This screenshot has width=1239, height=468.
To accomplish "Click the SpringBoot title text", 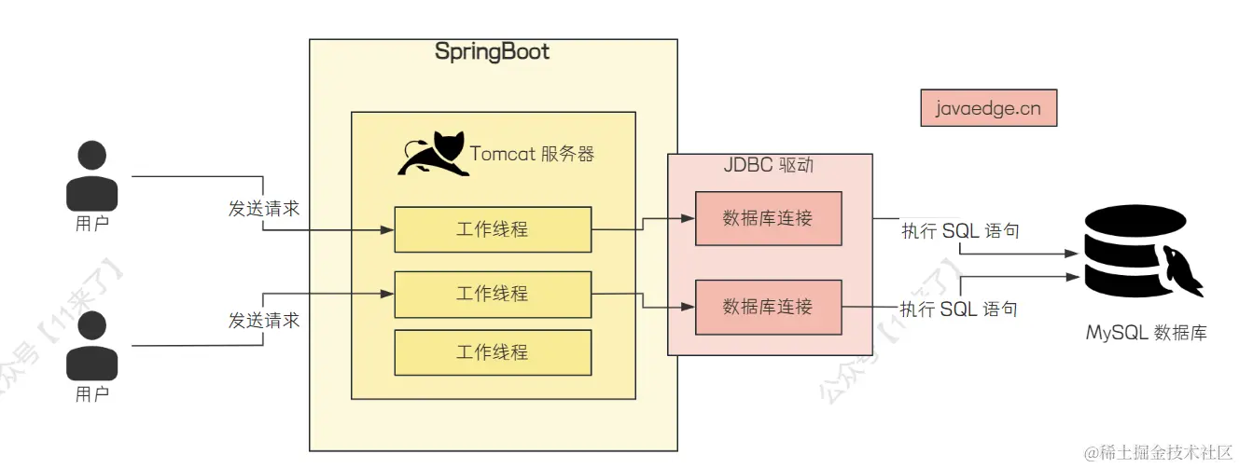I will pos(492,52).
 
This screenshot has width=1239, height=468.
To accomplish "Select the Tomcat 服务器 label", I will pos(532,154).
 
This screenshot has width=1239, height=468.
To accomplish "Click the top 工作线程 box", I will pos(493,229).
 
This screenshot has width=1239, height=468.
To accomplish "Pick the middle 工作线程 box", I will pos(493,295).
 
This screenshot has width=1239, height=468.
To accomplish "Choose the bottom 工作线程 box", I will pos(493,352).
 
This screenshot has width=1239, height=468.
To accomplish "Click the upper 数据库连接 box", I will pos(768,219).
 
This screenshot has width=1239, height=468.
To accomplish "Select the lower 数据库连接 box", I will pos(768,307).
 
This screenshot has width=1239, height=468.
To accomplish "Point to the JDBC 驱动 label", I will pos(769,166).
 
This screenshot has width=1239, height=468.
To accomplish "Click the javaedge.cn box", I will pos(988,108).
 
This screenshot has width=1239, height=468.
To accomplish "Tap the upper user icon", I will pos(92,176).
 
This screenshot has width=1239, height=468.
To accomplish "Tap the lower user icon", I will pos(92,346).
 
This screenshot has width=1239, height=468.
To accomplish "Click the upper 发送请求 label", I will pos(264,208).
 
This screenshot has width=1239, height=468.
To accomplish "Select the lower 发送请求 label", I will pos(264,320).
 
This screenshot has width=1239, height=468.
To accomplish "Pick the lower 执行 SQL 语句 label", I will pos(958,309).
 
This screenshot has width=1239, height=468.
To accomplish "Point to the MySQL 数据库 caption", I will pos(1146,333).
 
